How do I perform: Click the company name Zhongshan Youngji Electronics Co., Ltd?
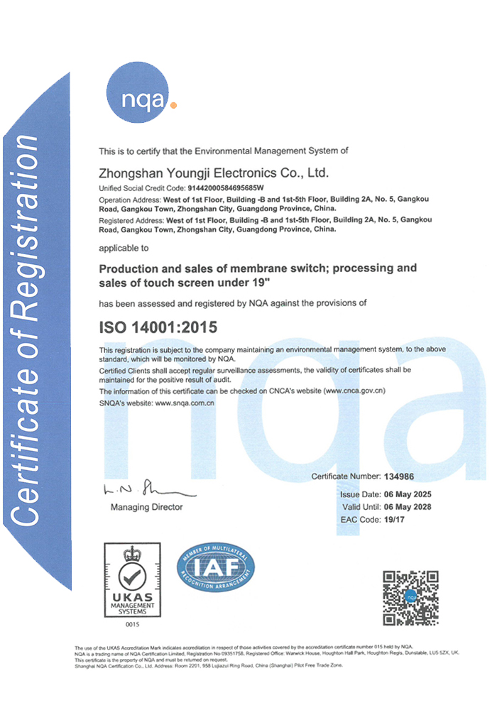(214, 173)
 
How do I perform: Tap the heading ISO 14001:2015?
(158, 327)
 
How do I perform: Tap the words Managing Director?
(146, 507)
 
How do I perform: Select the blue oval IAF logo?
(215, 572)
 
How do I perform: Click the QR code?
(410, 597)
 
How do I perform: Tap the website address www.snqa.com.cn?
(185, 403)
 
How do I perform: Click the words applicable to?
(124, 249)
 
